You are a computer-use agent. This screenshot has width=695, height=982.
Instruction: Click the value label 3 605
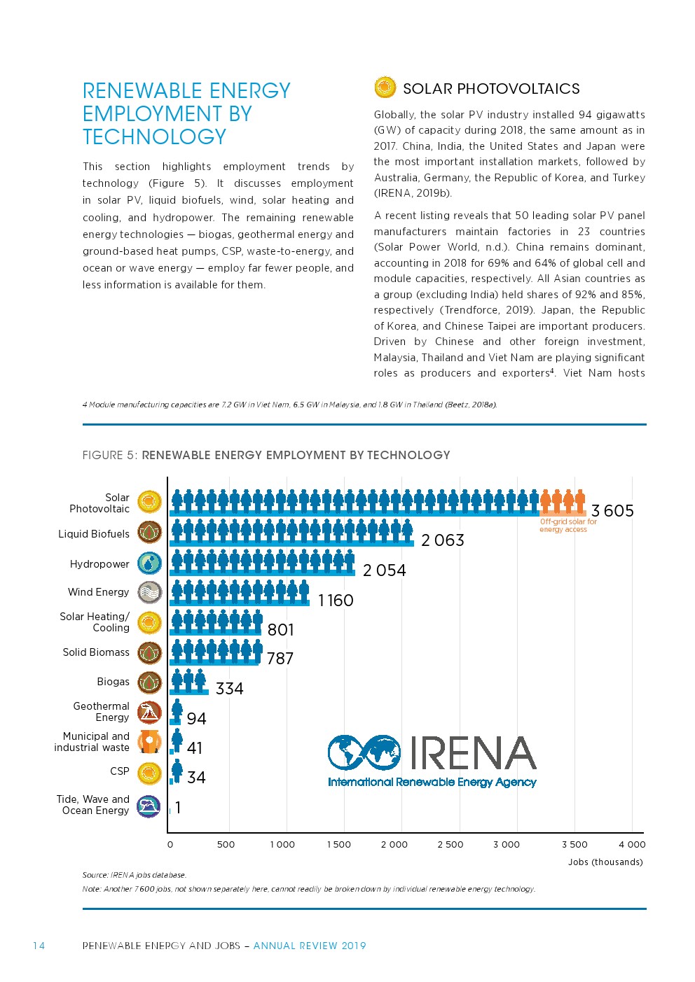pos(612,511)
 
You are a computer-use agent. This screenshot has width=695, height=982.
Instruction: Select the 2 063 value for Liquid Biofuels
pos(442,540)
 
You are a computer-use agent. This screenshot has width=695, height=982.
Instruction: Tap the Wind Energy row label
pos(98,592)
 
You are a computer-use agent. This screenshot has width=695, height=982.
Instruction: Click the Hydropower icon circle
pos(149,563)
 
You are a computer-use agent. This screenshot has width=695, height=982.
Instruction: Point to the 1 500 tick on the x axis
pos(338,844)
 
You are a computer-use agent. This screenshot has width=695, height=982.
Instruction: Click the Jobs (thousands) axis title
pos(605,862)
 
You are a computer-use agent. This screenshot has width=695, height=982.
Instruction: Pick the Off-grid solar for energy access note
pos(567,526)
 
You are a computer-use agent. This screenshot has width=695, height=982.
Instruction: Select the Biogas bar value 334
pos(229,689)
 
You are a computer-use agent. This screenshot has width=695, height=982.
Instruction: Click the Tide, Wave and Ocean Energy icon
pos(149,806)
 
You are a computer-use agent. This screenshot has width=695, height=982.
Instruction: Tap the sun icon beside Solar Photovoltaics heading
pos(385,87)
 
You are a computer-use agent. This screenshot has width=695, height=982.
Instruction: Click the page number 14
pos(39,946)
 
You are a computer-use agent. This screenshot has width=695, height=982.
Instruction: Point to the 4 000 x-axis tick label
pos(631,844)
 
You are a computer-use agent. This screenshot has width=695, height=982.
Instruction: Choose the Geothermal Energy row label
pos(101,712)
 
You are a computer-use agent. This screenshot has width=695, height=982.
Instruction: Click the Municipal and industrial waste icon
pos(149,742)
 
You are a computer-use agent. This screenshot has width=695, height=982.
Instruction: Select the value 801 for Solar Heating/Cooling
pos(280,630)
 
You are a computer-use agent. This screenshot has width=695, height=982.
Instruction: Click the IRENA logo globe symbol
pos(364,752)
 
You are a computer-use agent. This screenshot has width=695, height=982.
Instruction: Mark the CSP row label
pos(120,771)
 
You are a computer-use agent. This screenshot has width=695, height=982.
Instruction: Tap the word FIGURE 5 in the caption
pos(109,455)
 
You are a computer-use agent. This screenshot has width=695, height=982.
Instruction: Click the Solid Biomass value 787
pos(280,659)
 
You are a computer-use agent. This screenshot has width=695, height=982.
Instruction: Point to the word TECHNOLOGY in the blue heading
pos(154,136)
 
